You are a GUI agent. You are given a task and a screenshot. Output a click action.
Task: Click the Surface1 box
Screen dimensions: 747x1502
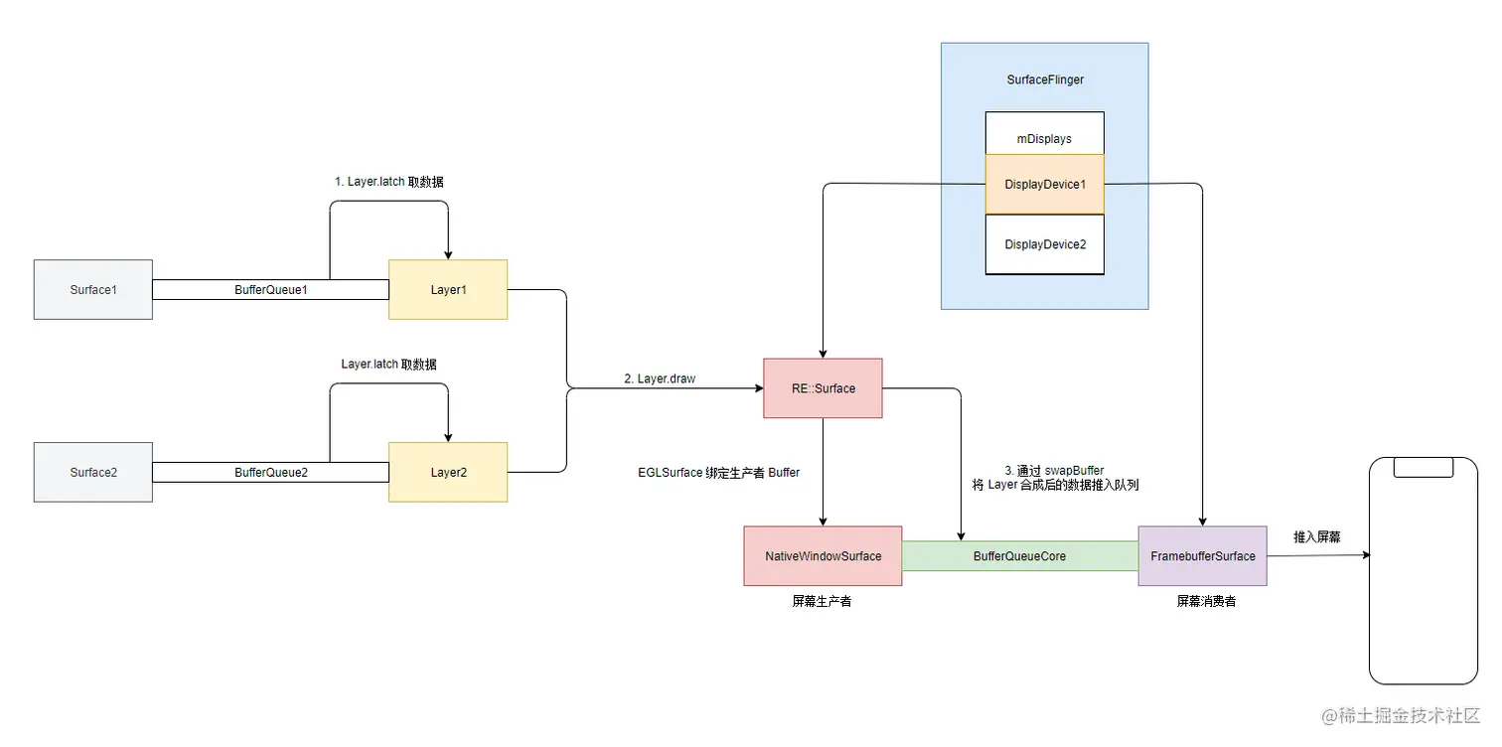pyautogui.click(x=93, y=290)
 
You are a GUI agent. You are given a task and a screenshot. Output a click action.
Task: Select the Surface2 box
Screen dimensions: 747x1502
pyautogui.click(x=93, y=472)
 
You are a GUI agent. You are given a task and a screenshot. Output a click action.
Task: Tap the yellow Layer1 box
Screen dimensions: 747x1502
pyautogui.click(x=448, y=290)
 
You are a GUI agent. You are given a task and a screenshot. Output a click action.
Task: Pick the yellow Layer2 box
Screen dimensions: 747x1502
pyautogui.click(x=448, y=472)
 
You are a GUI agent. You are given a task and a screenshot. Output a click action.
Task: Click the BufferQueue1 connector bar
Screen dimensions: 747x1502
pyautogui.click(x=270, y=290)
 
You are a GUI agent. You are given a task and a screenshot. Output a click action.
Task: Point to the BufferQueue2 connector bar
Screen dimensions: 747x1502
pyautogui.click(x=270, y=472)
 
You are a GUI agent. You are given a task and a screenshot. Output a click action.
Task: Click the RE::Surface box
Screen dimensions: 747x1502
pyautogui.click(x=823, y=388)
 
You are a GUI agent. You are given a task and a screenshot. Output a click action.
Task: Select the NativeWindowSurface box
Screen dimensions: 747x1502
pyautogui.click(x=823, y=556)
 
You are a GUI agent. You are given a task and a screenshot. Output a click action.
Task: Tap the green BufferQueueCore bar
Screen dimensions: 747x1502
pyautogui.click(x=1019, y=556)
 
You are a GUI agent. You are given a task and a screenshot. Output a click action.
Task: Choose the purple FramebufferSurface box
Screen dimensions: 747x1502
pyautogui.click(x=1202, y=556)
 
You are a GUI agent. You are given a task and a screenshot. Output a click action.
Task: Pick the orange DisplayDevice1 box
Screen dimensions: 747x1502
pyautogui.click(x=1044, y=184)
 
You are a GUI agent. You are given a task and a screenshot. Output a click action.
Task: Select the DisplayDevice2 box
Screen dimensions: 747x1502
pyautogui.click(x=1044, y=244)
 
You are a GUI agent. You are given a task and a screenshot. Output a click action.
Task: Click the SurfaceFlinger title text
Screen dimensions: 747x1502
pyautogui.click(x=1044, y=79)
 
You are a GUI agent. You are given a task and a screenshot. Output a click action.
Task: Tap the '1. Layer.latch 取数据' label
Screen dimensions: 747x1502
pyautogui.click(x=388, y=182)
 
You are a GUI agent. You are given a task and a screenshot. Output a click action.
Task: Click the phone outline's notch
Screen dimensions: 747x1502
pyautogui.click(x=1423, y=467)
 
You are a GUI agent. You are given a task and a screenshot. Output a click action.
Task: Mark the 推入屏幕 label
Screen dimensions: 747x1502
pyautogui.click(x=1316, y=537)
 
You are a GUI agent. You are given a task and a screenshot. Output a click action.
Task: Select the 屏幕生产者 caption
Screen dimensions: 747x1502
pyautogui.click(x=822, y=602)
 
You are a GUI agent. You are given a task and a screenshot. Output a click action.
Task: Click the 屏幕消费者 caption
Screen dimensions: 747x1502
pyautogui.click(x=1206, y=602)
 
